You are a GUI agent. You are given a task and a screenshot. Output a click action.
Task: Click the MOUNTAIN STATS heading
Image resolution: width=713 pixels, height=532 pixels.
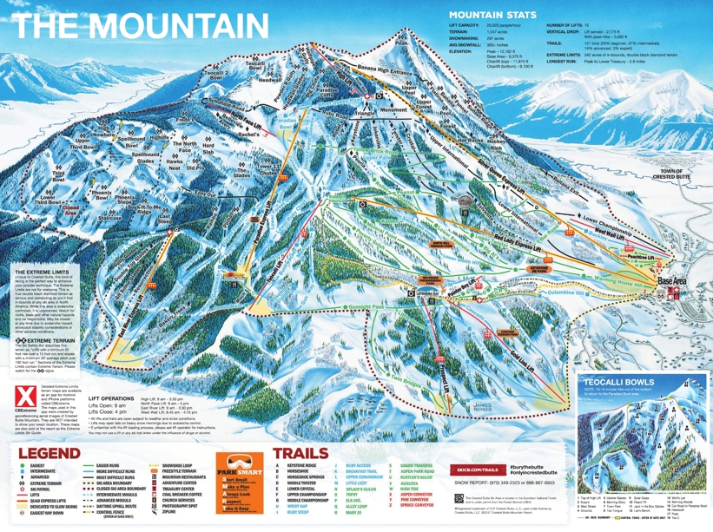[x=492, y=16]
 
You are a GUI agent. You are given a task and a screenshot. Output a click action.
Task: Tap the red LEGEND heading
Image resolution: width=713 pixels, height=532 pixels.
[x=49, y=453]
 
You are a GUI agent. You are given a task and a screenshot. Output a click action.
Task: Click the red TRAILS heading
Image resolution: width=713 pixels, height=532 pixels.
[x=300, y=453]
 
